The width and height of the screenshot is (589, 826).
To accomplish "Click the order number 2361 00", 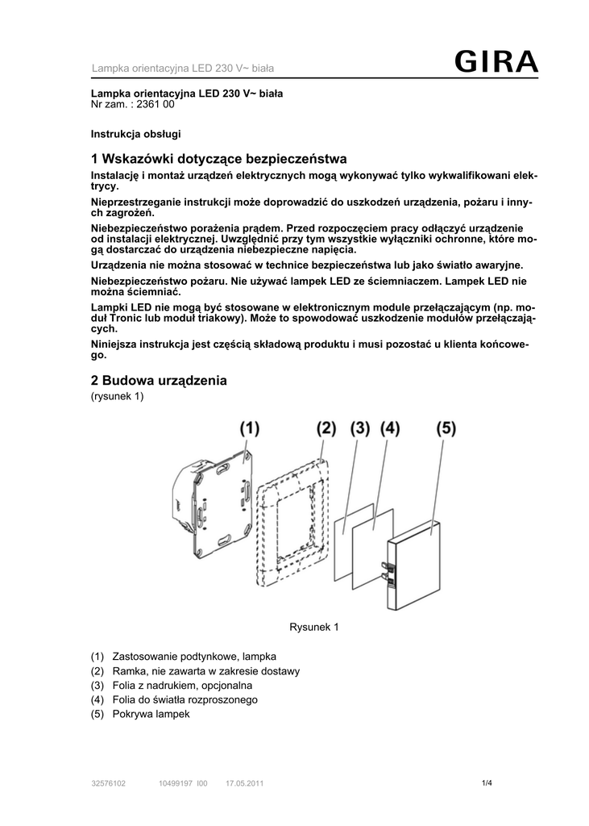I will coord(155,105).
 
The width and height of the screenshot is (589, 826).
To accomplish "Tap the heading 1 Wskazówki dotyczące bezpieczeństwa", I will coord(219,159).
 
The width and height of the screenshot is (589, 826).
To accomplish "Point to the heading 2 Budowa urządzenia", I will coord(160,380).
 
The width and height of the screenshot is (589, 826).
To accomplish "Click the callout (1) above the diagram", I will coord(248,428).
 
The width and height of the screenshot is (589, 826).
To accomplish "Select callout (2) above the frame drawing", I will coord(325,428).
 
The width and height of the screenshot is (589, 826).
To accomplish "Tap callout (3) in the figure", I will coord(359,428).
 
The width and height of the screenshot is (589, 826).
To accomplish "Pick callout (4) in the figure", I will coord(390,428).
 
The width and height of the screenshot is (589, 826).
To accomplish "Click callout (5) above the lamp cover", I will coord(446,428).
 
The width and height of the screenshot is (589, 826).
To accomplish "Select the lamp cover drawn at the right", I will coord(413,563).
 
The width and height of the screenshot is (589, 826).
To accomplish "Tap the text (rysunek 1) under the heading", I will coord(117,396).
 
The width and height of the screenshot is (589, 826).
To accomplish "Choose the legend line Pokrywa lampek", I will coord(151,714).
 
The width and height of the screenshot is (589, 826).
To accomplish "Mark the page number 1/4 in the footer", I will coord(486,782).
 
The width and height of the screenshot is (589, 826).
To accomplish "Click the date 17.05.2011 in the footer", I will coord(244,783).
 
